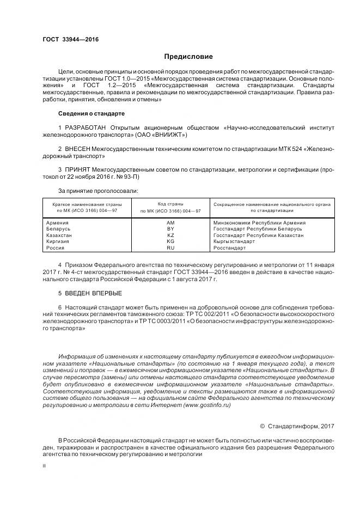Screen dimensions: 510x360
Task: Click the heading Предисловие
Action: [189, 57]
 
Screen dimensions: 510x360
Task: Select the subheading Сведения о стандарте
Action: [91, 113]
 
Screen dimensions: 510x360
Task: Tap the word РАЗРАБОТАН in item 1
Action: [84, 127]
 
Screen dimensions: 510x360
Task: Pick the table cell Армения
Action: [58, 223]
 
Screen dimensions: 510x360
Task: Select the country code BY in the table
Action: [170, 229]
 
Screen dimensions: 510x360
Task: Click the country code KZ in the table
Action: [170, 235]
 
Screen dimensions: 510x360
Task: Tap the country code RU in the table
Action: [170, 248]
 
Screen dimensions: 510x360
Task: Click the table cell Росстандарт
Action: [229, 248]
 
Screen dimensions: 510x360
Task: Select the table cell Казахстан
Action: [59, 235]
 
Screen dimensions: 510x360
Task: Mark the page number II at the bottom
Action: [45, 466]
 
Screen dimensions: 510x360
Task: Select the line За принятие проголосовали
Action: [98, 191]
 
